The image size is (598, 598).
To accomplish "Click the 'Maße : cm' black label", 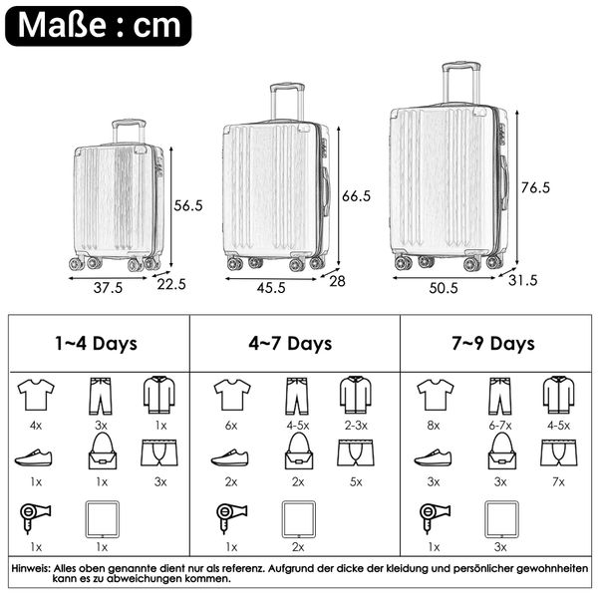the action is [99, 26].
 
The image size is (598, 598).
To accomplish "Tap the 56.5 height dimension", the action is [188, 205].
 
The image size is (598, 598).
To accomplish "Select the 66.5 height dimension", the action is [356, 196].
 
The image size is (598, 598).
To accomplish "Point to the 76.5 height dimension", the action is [535, 187].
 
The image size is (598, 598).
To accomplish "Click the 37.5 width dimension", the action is [108, 288].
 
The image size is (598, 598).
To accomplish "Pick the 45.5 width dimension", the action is [271, 288].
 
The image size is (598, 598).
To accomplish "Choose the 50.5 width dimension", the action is [444, 288].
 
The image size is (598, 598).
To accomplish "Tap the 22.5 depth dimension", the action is [171, 284].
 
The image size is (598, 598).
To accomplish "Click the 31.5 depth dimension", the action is [523, 280].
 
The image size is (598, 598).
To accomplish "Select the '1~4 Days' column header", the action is [96, 343].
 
